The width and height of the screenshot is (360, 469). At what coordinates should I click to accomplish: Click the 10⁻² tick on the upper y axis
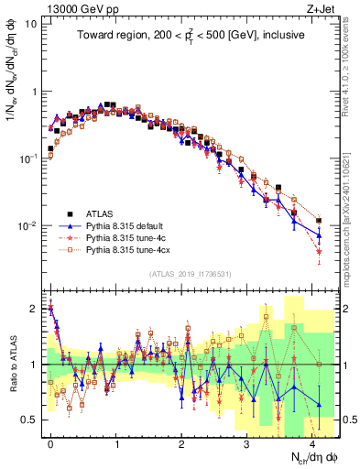coord(28,226)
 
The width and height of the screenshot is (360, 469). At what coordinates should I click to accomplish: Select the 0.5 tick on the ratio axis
coord(30,420)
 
